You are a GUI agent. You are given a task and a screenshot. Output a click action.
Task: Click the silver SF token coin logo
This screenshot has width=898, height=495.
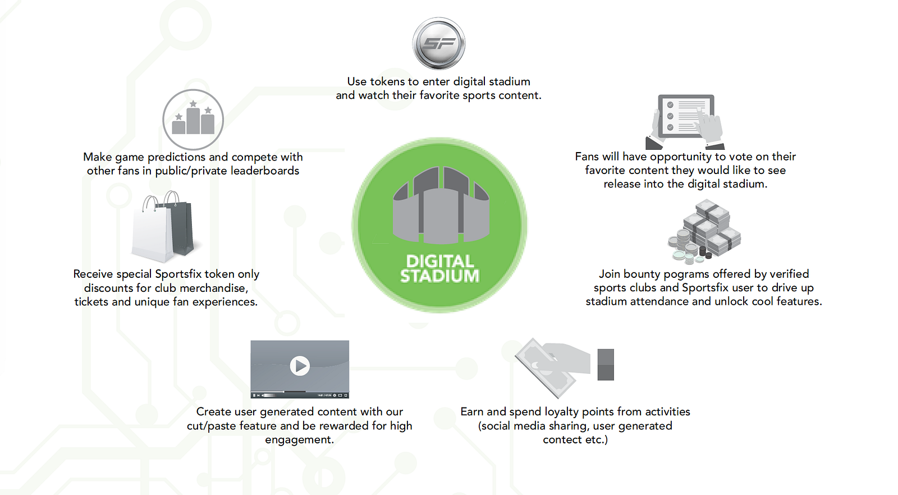439,43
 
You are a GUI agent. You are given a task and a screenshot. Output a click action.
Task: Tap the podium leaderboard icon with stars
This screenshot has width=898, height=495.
193,120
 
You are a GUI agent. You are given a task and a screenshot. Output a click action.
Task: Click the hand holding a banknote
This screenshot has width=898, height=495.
553,365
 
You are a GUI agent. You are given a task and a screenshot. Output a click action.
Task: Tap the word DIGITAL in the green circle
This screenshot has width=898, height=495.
440,261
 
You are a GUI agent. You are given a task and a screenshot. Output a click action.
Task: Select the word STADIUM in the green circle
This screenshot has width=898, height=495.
440,276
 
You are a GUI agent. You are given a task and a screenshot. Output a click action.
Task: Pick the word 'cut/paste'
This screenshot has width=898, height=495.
212,426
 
